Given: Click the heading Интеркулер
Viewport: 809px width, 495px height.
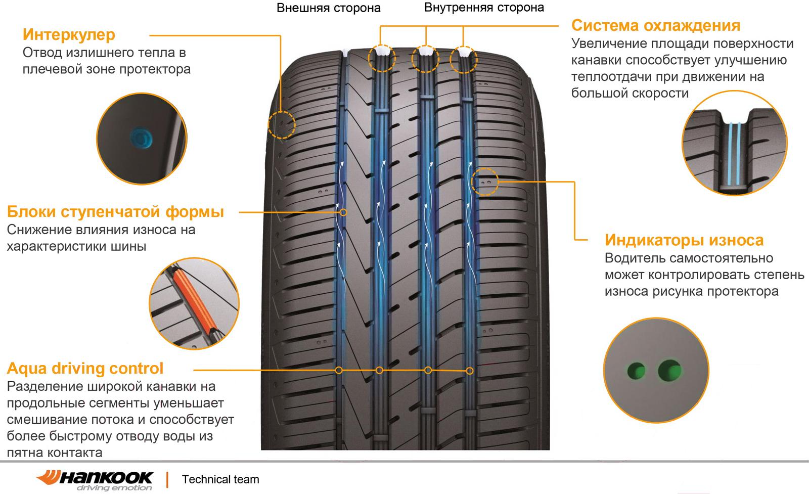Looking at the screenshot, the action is pyautogui.click(x=69, y=35).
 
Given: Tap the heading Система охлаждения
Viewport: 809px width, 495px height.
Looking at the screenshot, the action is pyautogui.click(x=655, y=26).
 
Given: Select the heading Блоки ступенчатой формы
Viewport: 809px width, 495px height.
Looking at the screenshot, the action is pyautogui.click(x=116, y=212).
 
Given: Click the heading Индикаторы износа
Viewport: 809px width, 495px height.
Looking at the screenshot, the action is pyautogui.click(x=684, y=240).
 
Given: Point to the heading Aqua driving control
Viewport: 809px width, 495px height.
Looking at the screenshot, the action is pyautogui.click(x=85, y=369).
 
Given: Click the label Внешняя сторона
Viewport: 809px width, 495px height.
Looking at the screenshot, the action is pyautogui.click(x=328, y=8).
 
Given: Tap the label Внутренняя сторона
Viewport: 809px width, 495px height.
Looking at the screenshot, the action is pyautogui.click(x=484, y=8).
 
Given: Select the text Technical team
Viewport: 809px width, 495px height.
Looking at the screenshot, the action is pyautogui.click(x=220, y=479).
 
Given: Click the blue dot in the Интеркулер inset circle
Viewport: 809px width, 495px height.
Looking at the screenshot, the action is pyautogui.click(x=141, y=138).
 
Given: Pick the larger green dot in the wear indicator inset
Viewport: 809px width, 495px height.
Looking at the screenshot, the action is pyautogui.click(x=670, y=371).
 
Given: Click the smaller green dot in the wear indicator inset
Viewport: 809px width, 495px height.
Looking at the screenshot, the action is pyautogui.click(x=637, y=371).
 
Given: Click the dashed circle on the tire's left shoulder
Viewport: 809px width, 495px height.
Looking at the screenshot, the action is pyautogui.click(x=282, y=125).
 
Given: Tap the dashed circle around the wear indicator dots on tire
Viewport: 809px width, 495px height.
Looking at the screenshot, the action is pyautogui.click(x=485, y=182).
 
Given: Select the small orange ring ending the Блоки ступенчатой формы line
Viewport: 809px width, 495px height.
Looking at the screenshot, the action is pyautogui.click(x=343, y=212).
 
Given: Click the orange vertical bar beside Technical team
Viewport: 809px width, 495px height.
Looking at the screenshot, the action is pyautogui.click(x=167, y=479).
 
